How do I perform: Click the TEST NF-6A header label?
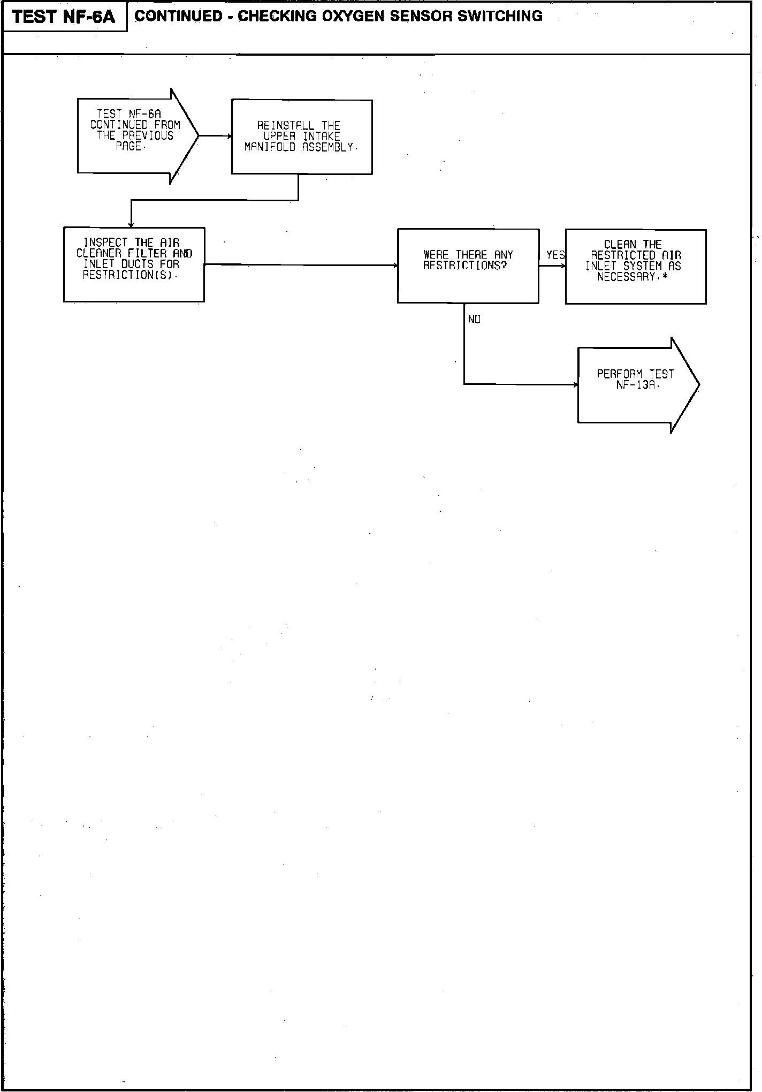coord(64,17)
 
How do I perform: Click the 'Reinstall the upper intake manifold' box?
coord(302,137)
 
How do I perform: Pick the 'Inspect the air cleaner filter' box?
coord(134,264)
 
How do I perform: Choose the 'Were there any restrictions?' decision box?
coord(468,266)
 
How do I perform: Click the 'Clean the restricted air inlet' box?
coord(635,267)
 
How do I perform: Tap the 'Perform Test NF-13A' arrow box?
coord(637,385)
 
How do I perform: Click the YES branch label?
coord(555,255)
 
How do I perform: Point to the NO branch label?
coord(474,320)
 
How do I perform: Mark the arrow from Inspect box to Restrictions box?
coord(300,265)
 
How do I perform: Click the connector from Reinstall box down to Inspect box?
coord(214,201)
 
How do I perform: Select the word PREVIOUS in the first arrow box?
coord(148,135)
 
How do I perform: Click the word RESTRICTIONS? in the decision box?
coord(464,266)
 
